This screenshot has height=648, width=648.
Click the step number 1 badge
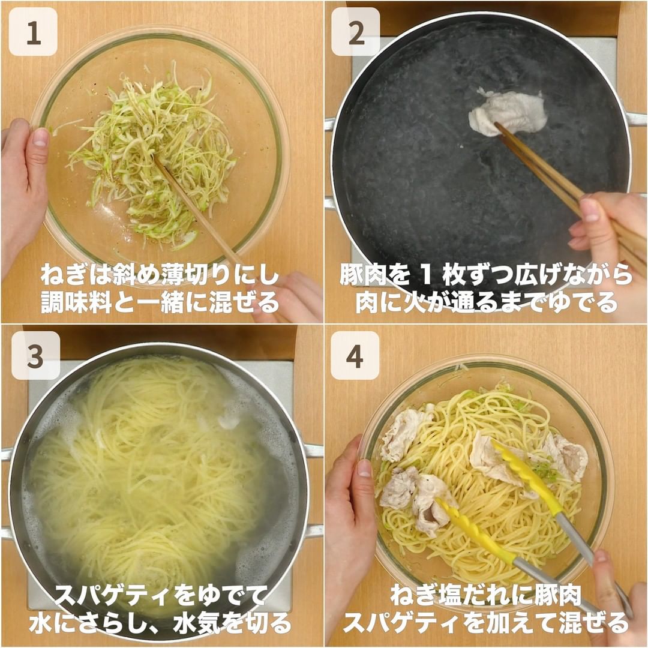pos(33,32)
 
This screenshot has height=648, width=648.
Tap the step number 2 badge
pos(356,32)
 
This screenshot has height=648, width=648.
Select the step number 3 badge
pos(35,355)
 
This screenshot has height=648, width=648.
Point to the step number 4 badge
pos(355,355)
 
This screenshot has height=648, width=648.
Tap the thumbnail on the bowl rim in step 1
pos(40,137)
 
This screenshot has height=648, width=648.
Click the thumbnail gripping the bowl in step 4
pos(364,468)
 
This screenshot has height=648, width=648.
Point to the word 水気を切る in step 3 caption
pos(232,623)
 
